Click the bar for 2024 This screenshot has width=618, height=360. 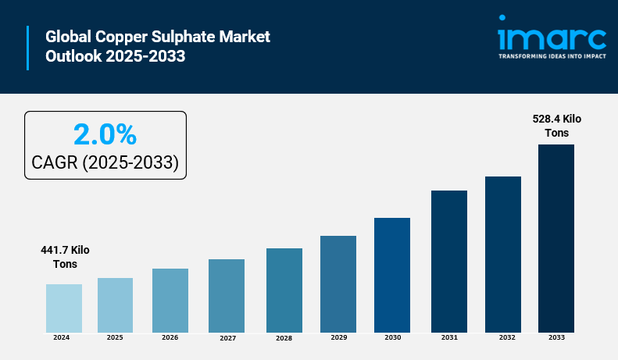pyautogui.click(x=64, y=308)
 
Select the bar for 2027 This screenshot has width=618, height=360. pyautogui.click(x=227, y=295)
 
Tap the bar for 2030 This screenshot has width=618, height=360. pyautogui.click(x=392, y=275)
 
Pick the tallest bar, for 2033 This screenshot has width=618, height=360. pyautogui.click(x=556, y=238)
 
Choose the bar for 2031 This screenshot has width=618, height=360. pyautogui.click(x=449, y=261)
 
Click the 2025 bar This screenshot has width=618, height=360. pyautogui.click(x=115, y=305)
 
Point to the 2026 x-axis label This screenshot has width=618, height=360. pyautogui.click(x=170, y=337)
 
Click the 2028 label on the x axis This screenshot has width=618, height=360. pyautogui.click(x=284, y=338)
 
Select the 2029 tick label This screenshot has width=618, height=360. pyautogui.click(x=338, y=337)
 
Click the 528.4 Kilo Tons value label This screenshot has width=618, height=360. pyautogui.click(x=557, y=126)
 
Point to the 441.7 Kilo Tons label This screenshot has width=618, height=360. pyautogui.click(x=66, y=257)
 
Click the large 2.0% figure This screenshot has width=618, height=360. pyautogui.click(x=105, y=134)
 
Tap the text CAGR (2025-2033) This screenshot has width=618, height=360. pyautogui.click(x=105, y=162)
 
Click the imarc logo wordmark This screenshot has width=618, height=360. pyautogui.click(x=552, y=38)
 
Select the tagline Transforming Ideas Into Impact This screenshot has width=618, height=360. pyautogui.click(x=552, y=56)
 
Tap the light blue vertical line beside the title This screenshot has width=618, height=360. pyautogui.click(x=28, y=47)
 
